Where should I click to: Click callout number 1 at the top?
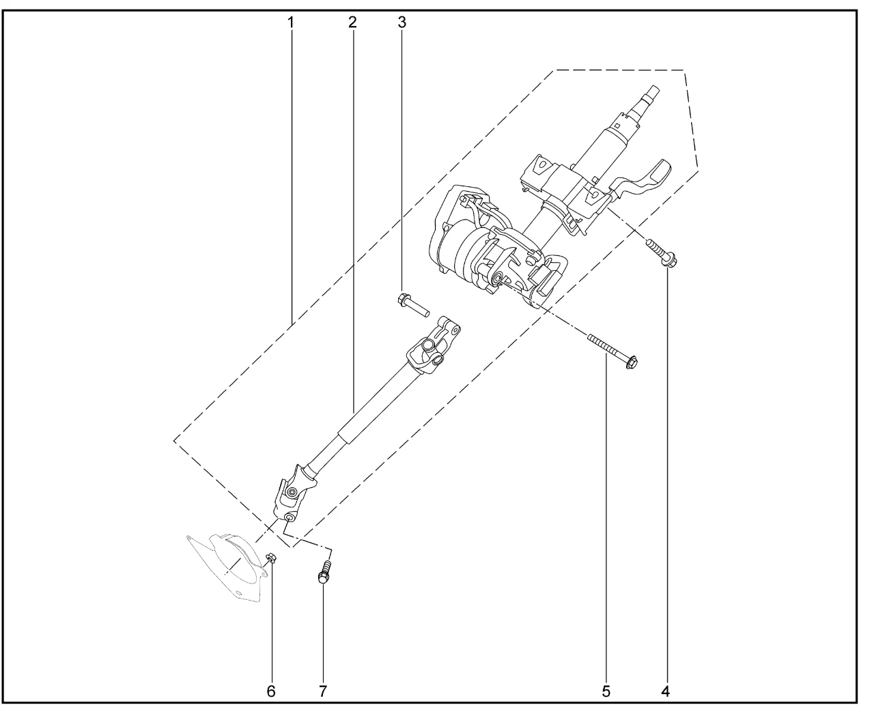290,22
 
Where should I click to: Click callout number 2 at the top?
352,22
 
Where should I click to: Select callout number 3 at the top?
402,22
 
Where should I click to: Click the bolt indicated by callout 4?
662,253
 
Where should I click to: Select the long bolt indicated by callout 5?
612,351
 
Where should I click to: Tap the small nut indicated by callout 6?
270,558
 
